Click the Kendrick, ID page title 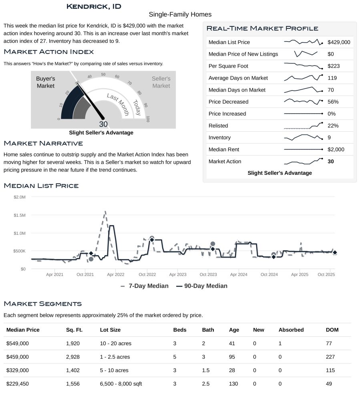click(x=94, y=6)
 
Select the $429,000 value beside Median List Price click(x=338, y=42)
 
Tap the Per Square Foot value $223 click(x=333, y=66)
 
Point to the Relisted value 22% click(x=333, y=126)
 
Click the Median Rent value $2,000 click(x=336, y=150)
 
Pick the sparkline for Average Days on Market click(x=303, y=78)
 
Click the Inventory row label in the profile click(x=219, y=138)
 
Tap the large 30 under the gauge click(x=103, y=124)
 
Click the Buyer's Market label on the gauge click(x=45, y=82)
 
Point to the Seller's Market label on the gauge click(x=161, y=82)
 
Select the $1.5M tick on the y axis click(x=20, y=215)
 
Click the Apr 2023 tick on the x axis click(x=178, y=275)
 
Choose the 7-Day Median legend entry click(x=145, y=286)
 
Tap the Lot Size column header click(x=110, y=330)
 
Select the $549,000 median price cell click(x=18, y=343)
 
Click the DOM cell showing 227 click(x=330, y=357)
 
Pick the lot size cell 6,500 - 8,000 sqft click(x=121, y=384)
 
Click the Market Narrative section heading click(x=43, y=143)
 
